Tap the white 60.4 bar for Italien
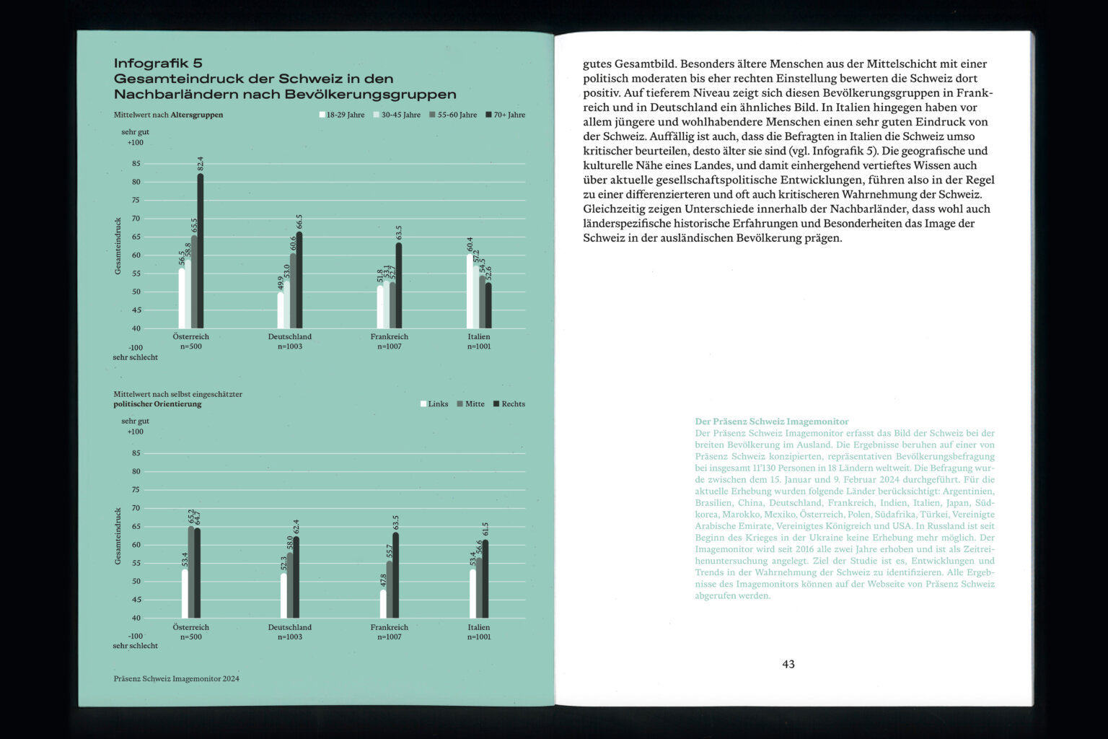coord(470,292)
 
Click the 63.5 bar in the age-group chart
coord(399,286)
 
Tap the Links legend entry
coord(434,404)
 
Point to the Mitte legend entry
coord(471,404)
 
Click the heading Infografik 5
coord(158,64)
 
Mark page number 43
coord(788,664)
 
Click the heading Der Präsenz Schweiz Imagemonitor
coord(772,421)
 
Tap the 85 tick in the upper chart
coord(136,164)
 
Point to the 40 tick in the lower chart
coord(136,618)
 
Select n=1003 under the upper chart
coord(290,346)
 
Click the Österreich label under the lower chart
coord(191,627)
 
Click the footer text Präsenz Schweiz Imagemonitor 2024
coord(177,678)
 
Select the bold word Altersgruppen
coord(197,115)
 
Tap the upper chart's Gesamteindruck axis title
coord(118,246)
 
